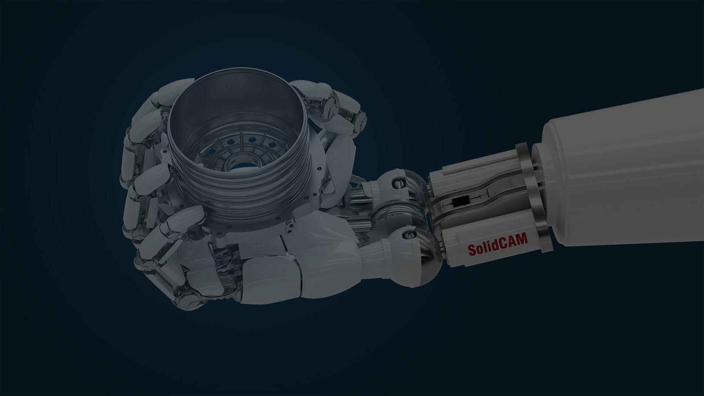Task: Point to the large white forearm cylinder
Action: [x=625, y=176]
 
